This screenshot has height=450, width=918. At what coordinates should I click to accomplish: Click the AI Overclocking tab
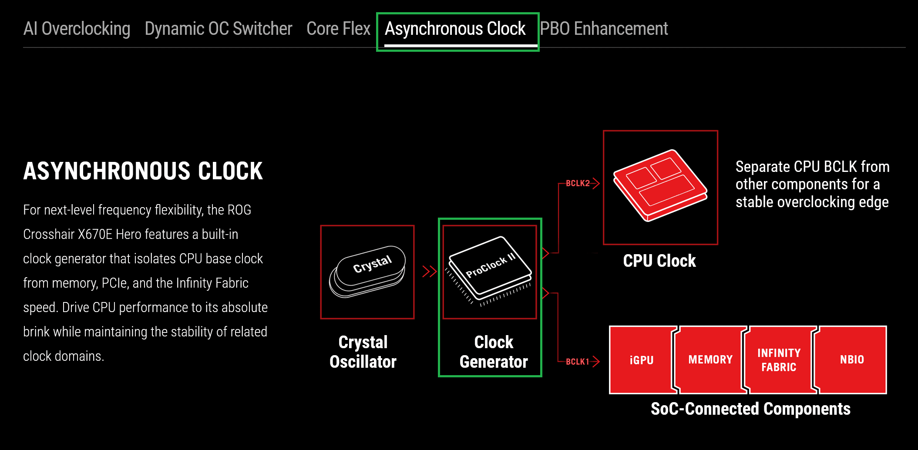(x=77, y=29)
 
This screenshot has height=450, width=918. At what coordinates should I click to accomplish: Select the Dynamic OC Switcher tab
(x=218, y=29)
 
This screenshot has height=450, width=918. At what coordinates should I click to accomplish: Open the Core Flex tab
(x=338, y=29)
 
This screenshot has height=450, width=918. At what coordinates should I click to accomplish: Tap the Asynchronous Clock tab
(x=455, y=29)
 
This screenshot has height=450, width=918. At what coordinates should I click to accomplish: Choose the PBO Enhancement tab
(x=604, y=29)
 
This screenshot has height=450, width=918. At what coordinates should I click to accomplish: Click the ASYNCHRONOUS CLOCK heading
(x=143, y=171)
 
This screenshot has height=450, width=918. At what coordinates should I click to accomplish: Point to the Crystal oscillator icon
(x=367, y=272)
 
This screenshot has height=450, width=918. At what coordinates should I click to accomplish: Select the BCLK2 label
(x=578, y=183)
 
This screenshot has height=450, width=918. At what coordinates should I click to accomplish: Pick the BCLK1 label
(x=577, y=362)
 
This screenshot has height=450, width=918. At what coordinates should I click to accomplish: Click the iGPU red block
(x=642, y=360)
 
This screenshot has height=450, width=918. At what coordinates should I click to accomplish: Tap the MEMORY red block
(x=710, y=360)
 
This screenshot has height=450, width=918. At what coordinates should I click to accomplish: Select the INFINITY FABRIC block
(x=779, y=360)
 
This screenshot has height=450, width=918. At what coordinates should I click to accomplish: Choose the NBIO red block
(x=852, y=360)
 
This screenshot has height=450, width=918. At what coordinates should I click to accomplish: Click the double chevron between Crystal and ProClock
(x=429, y=272)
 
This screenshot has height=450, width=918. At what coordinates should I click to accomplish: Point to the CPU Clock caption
(x=659, y=261)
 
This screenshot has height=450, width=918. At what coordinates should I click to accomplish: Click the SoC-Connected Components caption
(x=750, y=409)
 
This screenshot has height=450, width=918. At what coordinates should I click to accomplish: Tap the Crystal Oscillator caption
(x=363, y=352)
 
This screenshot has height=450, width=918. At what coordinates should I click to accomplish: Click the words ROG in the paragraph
(x=239, y=210)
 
